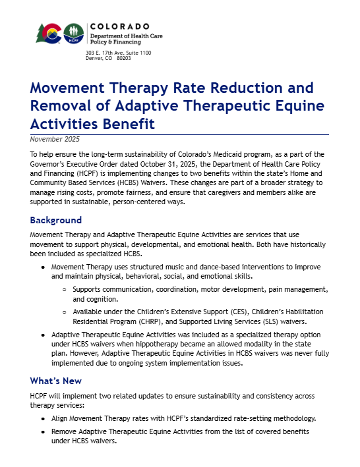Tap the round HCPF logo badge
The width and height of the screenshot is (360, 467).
point(73,34)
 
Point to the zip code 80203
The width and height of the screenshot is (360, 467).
point(123,58)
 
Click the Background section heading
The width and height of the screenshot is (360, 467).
point(56,220)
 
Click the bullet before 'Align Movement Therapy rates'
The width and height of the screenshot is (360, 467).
point(43,418)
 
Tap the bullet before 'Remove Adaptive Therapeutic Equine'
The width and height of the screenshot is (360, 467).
point(43,431)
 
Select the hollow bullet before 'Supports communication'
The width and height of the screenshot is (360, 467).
point(64,290)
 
